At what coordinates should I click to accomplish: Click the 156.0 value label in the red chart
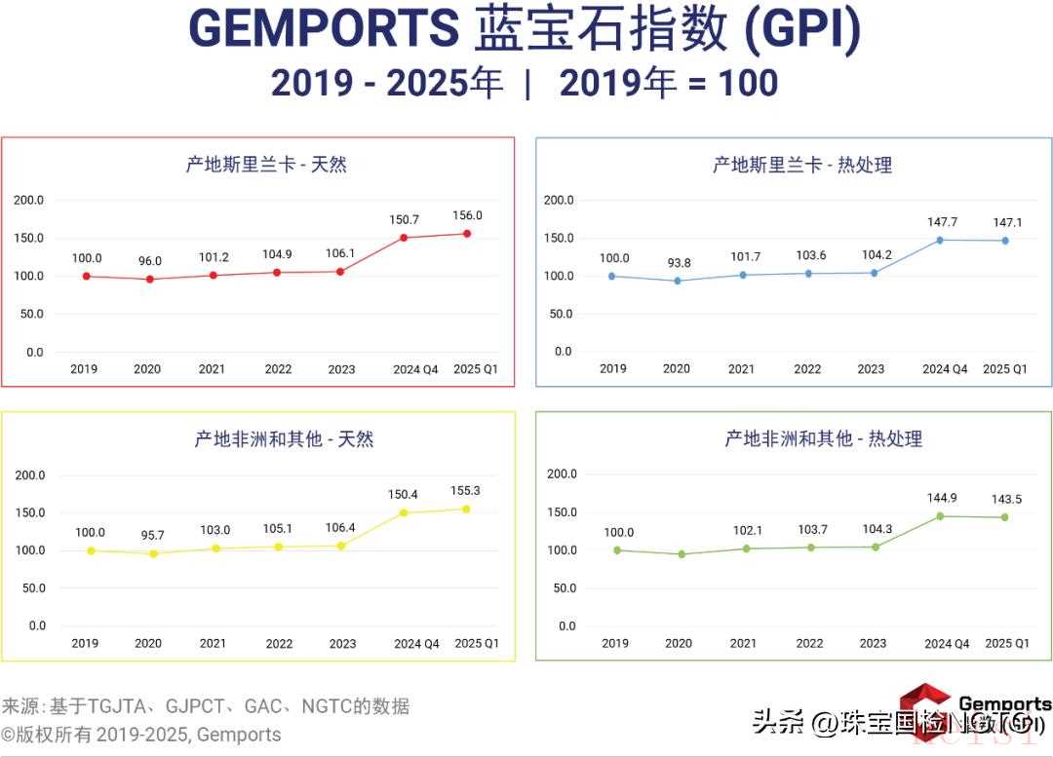tap(467, 216)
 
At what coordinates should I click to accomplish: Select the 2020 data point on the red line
tap(149, 280)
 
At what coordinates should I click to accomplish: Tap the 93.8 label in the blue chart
tap(677, 262)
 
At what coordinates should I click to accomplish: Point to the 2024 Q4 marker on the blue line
tap(940, 240)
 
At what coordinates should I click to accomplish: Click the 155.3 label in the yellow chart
tap(465, 490)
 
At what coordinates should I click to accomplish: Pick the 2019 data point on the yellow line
tap(91, 550)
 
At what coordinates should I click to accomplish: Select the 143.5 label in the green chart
tap(1004, 499)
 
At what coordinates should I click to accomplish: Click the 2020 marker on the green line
tap(682, 554)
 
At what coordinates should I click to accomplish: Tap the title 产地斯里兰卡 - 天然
tap(266, 165)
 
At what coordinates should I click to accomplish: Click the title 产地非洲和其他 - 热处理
tap(823, 439)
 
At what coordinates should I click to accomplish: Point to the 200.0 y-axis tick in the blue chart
tap(559, 200)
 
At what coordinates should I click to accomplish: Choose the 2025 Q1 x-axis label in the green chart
tap(1007, 643)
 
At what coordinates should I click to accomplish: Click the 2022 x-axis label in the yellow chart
tap(279, 644)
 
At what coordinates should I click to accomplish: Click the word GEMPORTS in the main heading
tap(324, 28)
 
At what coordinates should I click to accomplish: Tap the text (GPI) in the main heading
tap(802, 28)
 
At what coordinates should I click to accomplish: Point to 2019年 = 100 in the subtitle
tap(669, 84)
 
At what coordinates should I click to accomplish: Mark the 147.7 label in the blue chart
tap(944, 222)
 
